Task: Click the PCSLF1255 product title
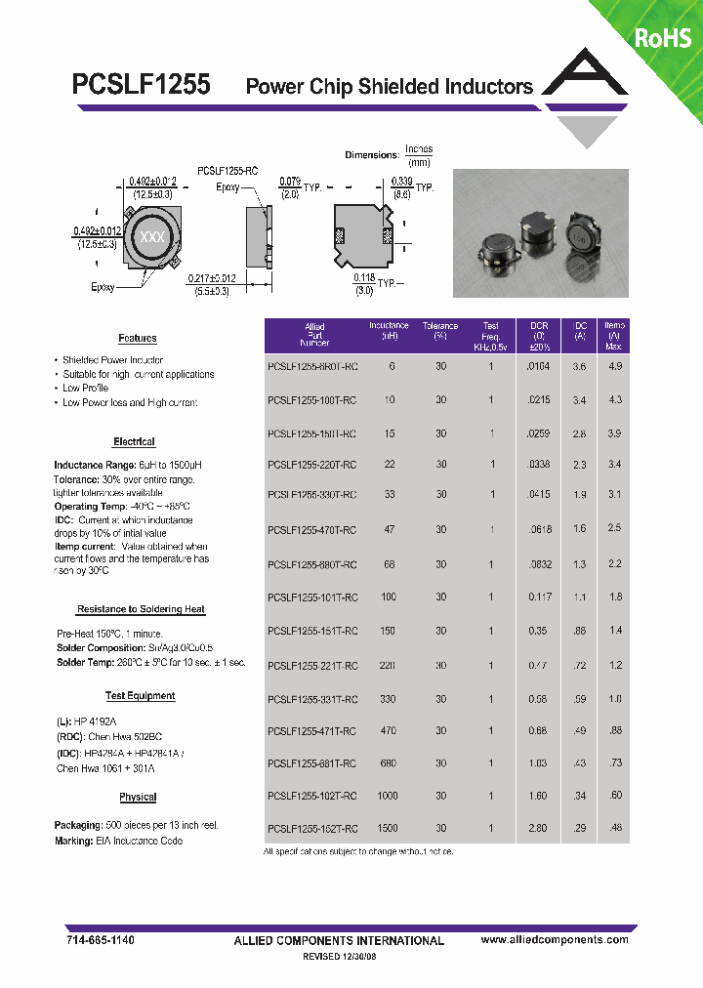coord(141,84)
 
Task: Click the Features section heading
coord(137,339)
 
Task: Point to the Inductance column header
coord(389,330)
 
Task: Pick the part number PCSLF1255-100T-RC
coord(311,399)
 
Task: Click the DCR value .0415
coord(539,495)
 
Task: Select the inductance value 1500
coord(388,828)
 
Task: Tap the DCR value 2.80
coord(538,828)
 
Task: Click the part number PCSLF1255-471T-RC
coord(311,730)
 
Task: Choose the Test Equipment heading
coord(140,696)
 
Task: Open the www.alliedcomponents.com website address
coord(555,939)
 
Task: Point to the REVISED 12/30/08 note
coord(339,959)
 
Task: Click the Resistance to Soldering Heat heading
coord(141,609)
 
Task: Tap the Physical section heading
coord(138,797)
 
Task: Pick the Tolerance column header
coord(440,330)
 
